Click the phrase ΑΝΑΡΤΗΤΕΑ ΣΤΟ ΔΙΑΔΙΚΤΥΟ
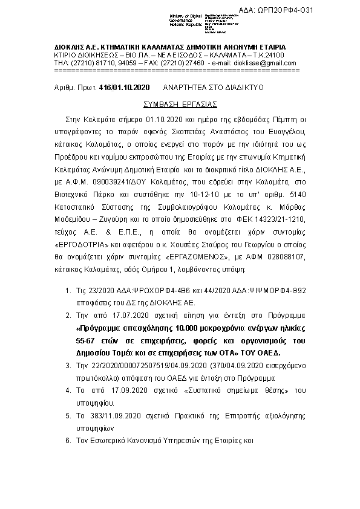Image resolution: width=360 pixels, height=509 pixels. [x=217, y=88]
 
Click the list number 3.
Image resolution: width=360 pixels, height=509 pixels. [x=68, y=366]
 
